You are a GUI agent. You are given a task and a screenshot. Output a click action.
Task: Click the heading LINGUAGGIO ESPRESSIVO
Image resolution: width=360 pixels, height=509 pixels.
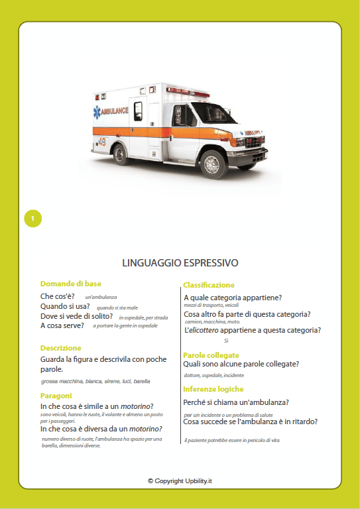pos(180,263)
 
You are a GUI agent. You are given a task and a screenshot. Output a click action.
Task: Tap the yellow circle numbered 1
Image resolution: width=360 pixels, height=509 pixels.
pos(32,218)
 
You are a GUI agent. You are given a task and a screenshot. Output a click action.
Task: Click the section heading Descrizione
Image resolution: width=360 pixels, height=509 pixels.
pos(60,348)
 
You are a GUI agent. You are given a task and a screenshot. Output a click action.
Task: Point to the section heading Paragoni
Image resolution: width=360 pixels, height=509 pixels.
pos(56,396)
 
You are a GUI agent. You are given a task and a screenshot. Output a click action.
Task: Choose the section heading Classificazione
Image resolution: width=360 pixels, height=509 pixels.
pos(209,285)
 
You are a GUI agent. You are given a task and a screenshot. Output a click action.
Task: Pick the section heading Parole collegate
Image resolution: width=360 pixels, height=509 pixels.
pos(211,355)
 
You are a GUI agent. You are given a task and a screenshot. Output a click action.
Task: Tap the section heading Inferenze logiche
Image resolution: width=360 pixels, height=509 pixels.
pos(213,389)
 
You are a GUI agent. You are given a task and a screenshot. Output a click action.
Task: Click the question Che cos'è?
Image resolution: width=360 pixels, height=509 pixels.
pos(58,296)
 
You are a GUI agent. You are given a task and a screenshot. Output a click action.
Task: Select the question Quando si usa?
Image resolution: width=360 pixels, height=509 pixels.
pos(65,306)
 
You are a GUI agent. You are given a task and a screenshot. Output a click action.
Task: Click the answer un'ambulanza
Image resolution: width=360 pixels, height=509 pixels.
pos(101,298)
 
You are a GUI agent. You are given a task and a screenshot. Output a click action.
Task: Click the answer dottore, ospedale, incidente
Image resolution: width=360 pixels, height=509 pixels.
pos(206,376)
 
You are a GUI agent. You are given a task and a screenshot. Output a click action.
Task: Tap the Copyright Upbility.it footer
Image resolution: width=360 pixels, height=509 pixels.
pos(180,481)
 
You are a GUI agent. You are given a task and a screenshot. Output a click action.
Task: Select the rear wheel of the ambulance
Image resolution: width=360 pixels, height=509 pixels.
pos(121,154)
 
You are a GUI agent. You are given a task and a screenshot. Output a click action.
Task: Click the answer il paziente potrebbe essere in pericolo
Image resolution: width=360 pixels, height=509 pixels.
pos(232,441)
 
